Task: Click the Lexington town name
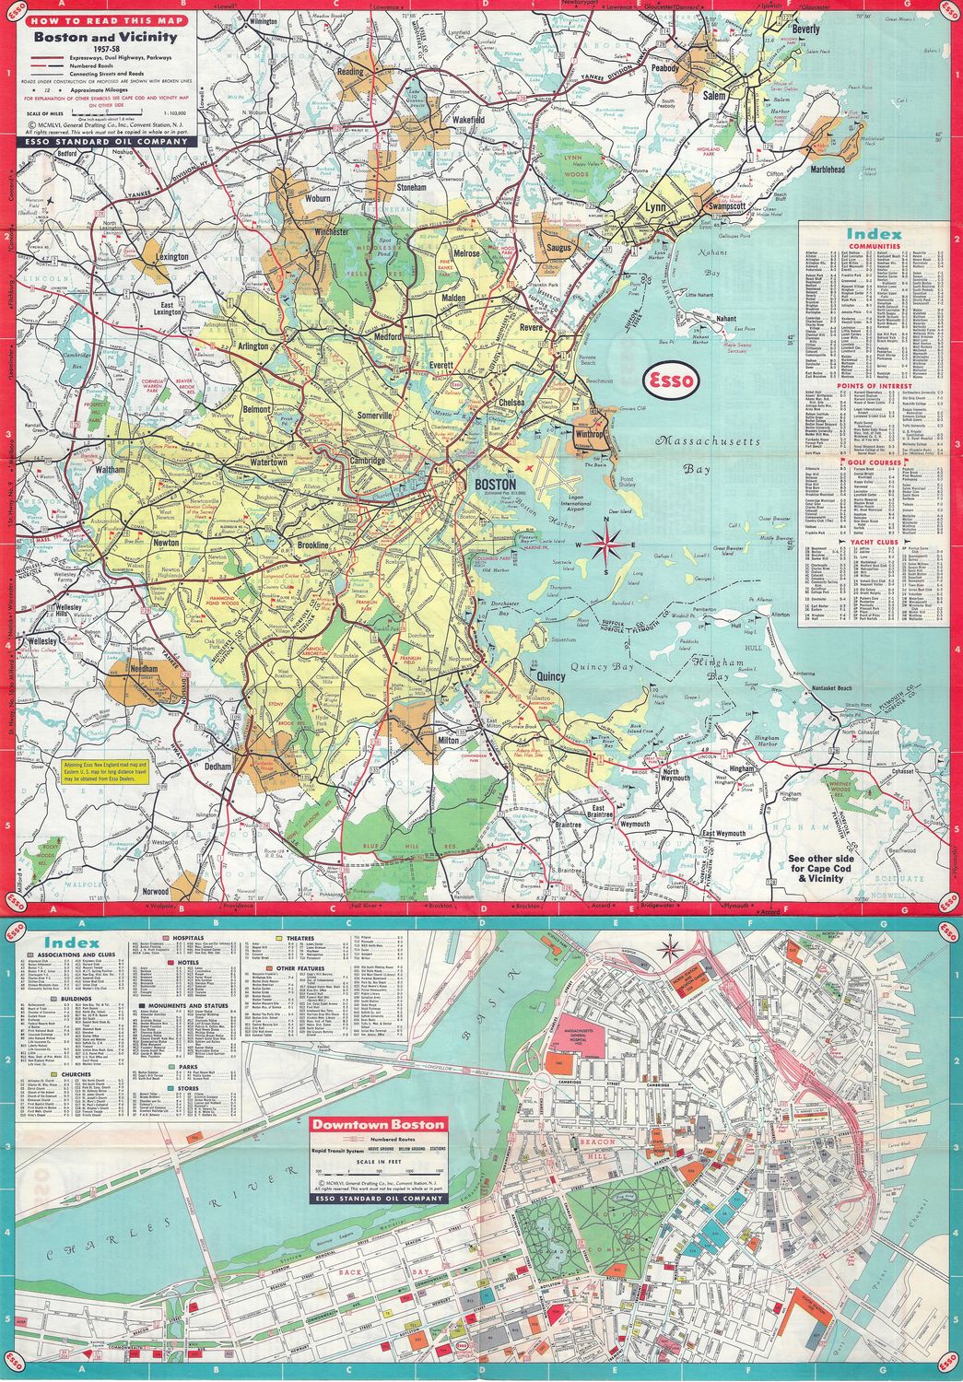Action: [x=172, y=257]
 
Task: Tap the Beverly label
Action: [x=804, y=29]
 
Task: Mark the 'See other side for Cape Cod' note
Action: [x=822, y=872]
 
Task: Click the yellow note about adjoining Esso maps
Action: [x=107, y=770]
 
